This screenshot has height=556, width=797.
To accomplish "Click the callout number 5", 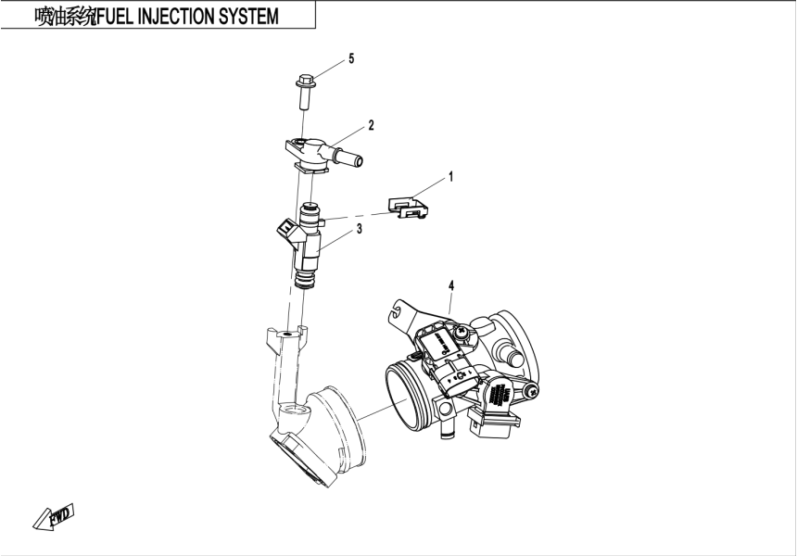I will click(351, 59).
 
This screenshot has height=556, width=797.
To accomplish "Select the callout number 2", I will click(371, 124).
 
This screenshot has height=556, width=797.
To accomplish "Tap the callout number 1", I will click(450, 175).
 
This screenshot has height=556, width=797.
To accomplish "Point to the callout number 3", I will click(359, 228).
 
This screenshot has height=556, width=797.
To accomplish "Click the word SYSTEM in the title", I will click(247, 18).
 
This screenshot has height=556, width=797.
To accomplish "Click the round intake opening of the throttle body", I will click(409, 387).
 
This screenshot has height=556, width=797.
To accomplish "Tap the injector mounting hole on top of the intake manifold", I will click(288, 332).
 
